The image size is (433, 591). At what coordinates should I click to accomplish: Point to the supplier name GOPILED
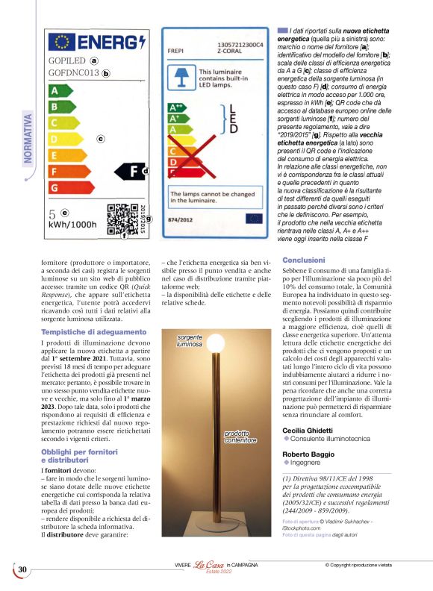[66, 61]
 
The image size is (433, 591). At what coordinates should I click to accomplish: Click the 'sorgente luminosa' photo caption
[190, 341]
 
